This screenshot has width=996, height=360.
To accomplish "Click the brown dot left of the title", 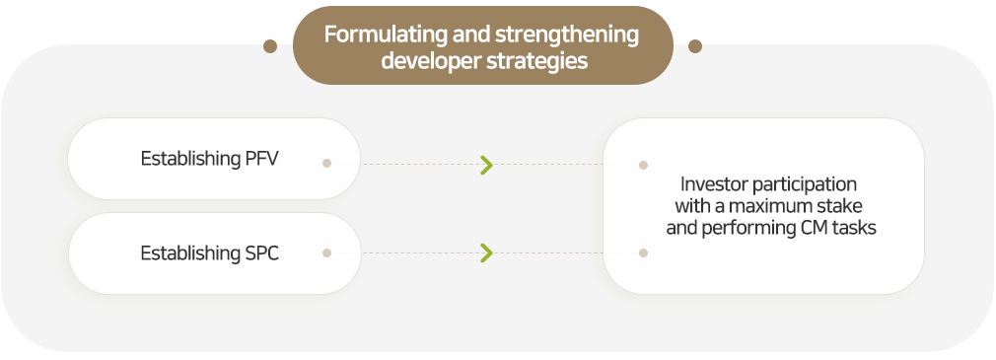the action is point(270,46).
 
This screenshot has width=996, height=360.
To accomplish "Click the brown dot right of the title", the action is point(695,46).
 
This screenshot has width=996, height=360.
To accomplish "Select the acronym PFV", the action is point(261,158).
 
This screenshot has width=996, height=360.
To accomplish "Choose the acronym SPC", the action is point(261,253).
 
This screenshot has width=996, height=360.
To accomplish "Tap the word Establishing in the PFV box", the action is point(190,159).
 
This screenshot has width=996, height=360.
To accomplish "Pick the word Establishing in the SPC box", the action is point(190,253).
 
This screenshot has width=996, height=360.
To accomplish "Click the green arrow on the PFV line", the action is point(486,165).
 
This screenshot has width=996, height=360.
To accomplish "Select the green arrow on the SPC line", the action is point(486,252).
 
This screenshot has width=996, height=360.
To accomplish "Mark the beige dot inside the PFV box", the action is point(326,163).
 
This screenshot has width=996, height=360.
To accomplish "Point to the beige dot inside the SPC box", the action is point(326,252).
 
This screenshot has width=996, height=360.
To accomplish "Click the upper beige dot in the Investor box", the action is point(643,165).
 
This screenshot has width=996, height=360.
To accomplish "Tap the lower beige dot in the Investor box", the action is point(643,252).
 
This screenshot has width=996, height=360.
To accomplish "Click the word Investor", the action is point(713,184).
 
